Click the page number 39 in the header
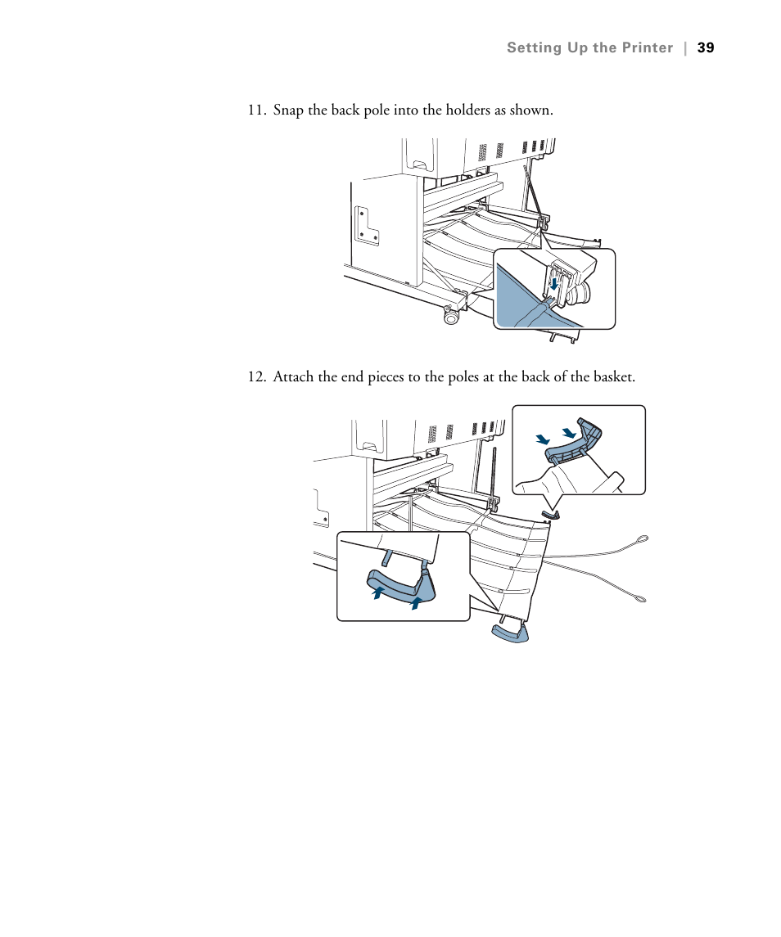click(706, 48)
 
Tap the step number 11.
click(257, 110)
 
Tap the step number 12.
click(257, 377)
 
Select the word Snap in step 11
click(287, 110)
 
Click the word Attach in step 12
click(291, 377)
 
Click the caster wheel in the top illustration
click(450, 316)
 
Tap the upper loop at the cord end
click(643, 538)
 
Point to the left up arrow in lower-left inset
click(378, 592)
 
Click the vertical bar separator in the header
click(685, 48)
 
